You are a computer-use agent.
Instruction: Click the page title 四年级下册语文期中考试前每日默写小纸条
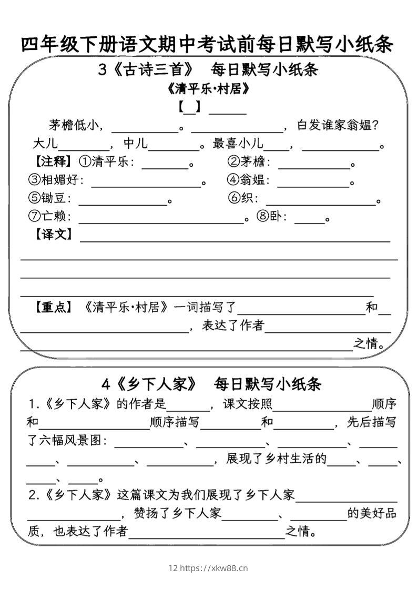click(x=208, y=45)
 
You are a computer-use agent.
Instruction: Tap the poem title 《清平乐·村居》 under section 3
click(x=208, y=89)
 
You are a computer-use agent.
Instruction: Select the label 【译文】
click(x=53, y=234)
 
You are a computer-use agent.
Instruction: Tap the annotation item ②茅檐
click(x=248, y=161)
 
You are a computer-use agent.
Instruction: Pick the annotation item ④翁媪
click(x=248, y=180)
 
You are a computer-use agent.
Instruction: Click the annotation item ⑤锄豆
click(x=49, y=198)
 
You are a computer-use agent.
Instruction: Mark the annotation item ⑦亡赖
click(x=49, y=217)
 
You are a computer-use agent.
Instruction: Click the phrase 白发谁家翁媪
click(x=338, y=125)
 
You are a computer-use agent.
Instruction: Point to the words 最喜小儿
click(x=238, y=144)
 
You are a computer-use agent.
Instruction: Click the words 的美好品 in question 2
click(x=372, y=513)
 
